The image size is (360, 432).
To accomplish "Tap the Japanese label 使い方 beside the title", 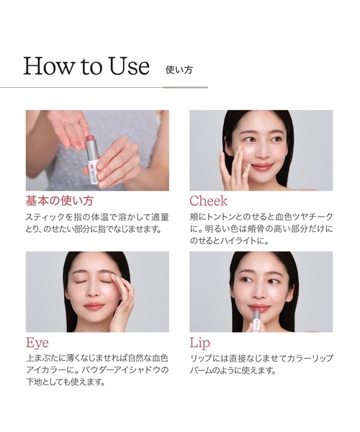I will (x=179, y=70).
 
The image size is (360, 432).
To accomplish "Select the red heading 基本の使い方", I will (x=60, y=200).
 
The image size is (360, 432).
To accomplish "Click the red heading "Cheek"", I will (x=209, y=201).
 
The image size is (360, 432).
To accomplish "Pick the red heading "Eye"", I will (x=37, y=343).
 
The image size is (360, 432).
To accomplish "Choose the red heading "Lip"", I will (x=200, y=343).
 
